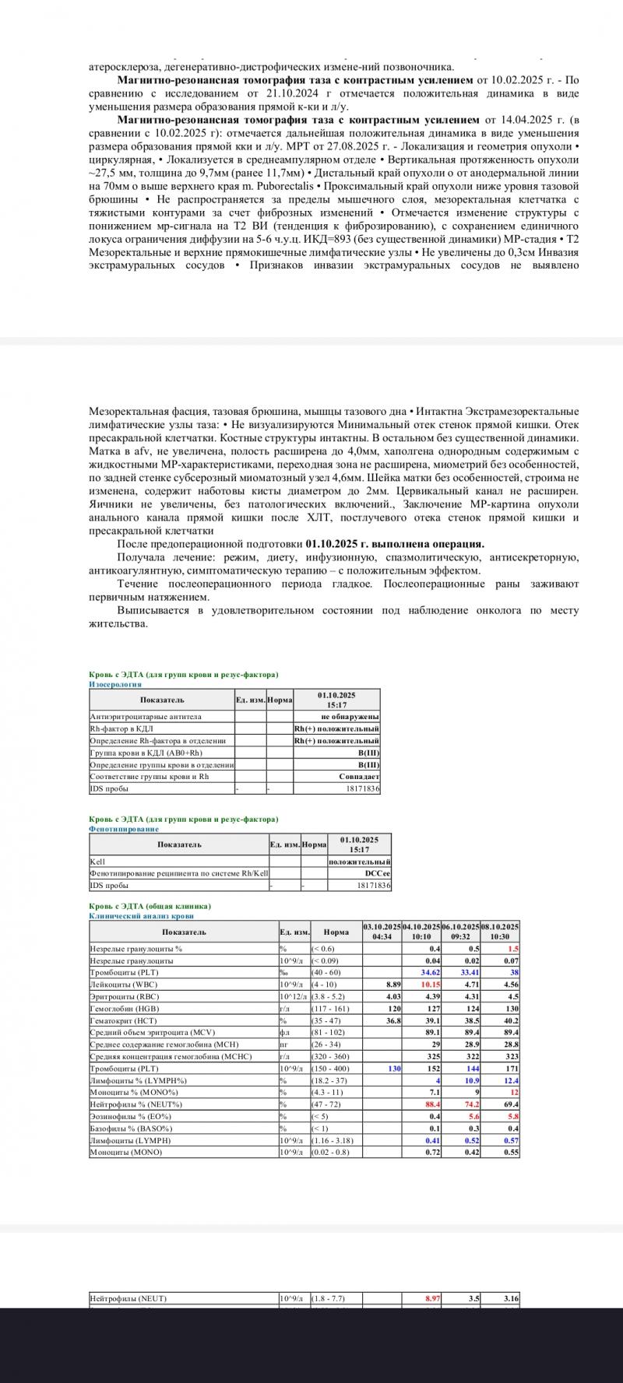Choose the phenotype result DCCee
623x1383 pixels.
[378, 873]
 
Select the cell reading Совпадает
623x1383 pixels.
[359, 777]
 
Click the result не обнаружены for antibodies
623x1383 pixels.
[350, 716]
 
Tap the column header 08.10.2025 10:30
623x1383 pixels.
[500, 932]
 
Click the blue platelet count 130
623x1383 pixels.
[394, 1069]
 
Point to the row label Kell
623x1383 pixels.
[97, 862]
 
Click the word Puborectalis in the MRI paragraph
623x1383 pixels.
[287, 187]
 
